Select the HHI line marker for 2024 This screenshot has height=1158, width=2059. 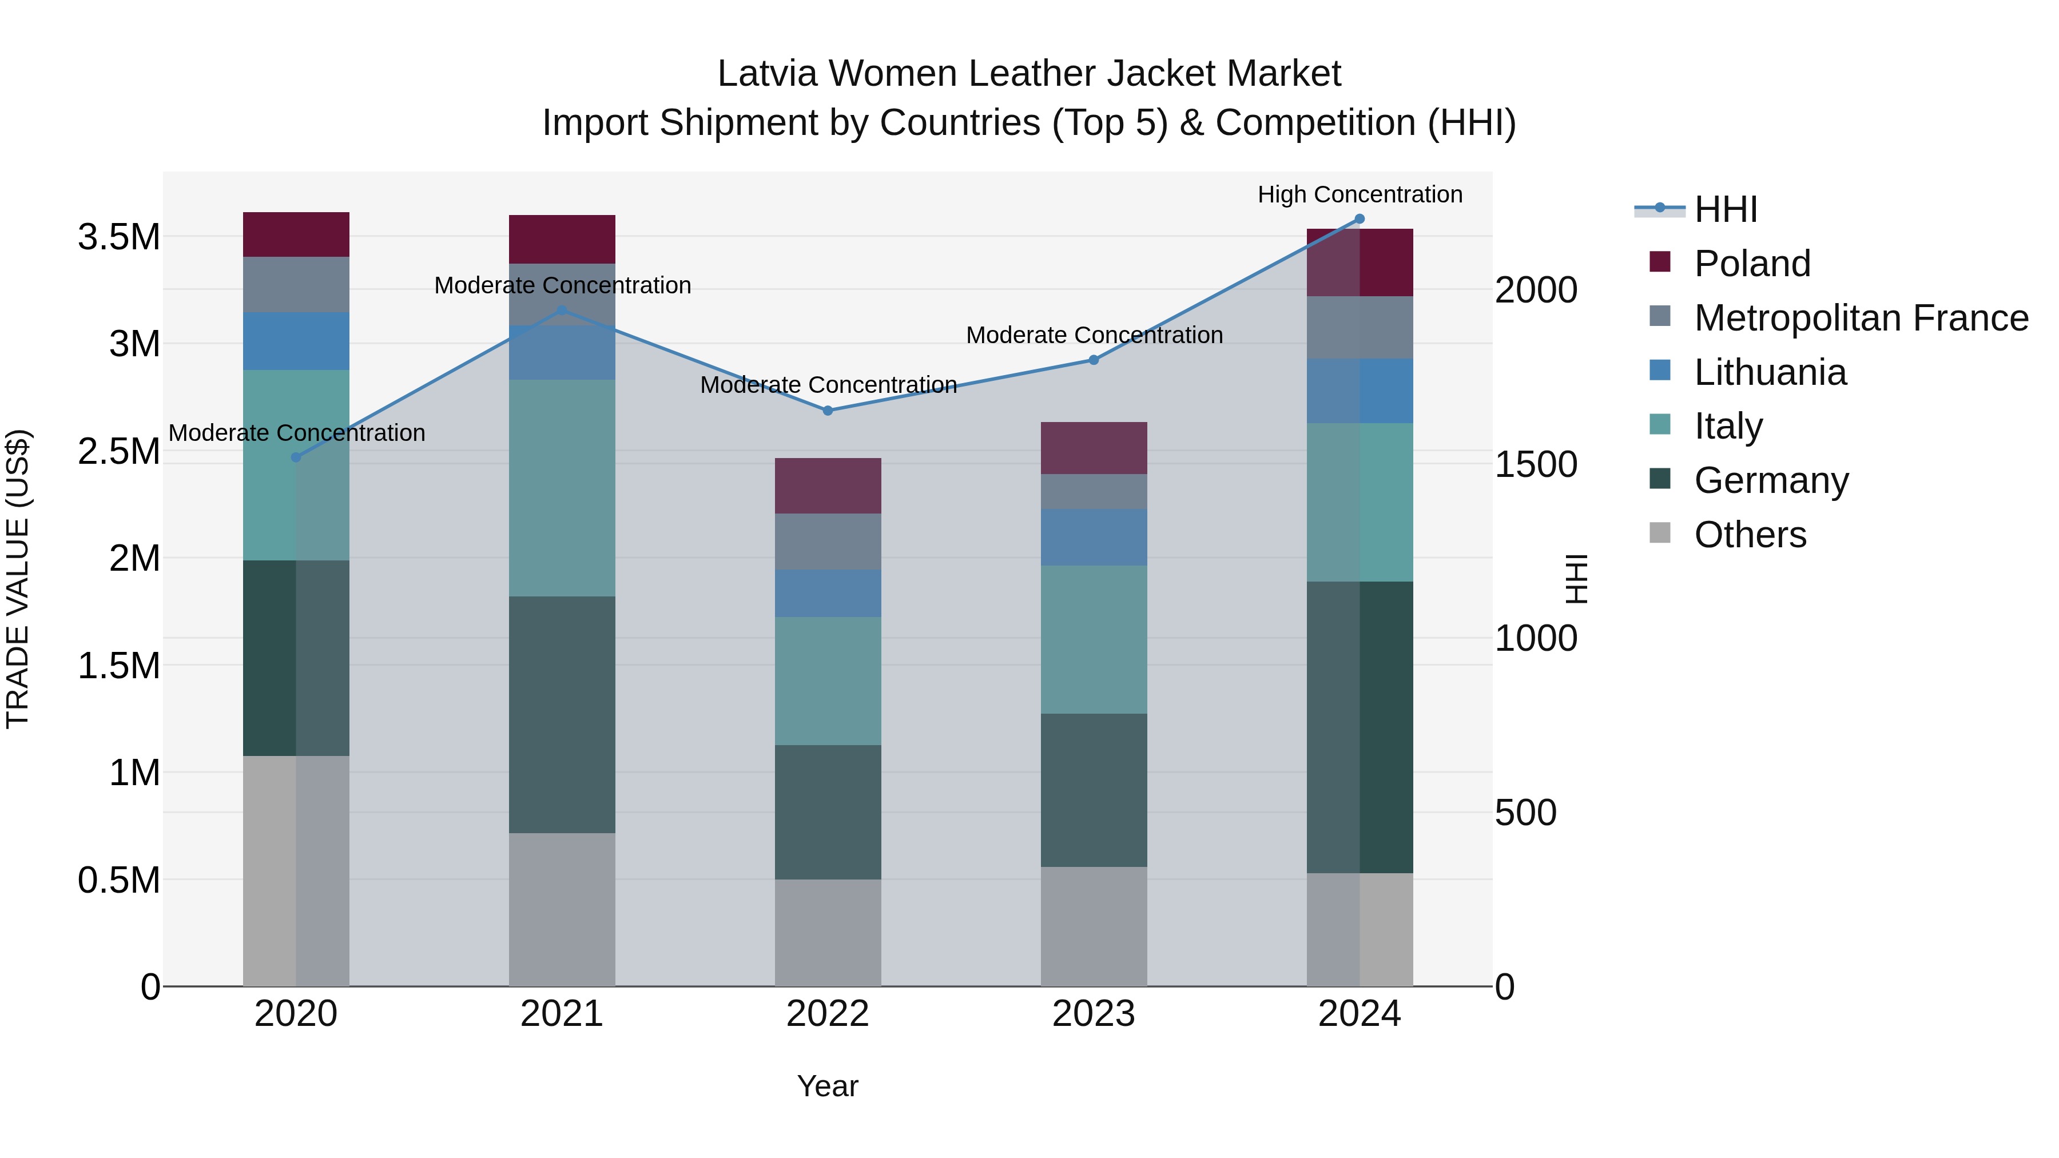pos(1360,219)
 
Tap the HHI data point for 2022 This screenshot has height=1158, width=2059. pos(828,411)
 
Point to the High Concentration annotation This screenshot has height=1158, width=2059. pos(1360,194)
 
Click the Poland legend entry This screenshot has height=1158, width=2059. pos(1751,264)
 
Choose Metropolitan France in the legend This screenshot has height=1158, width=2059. pos(1861,318)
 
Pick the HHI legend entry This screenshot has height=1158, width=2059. pos(1725,209)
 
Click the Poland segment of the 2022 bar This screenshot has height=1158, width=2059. pos(828,486)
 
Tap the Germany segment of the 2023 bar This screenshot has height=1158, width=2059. pos(1094,790)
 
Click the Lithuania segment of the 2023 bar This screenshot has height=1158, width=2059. pos(1094,537)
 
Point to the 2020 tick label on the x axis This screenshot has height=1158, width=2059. pos(296,1014)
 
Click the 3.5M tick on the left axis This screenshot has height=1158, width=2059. pos(119,237)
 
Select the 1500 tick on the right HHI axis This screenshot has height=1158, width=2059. pos(1536,464)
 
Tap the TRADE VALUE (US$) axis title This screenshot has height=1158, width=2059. pos(18,579)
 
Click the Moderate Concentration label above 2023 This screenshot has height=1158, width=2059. pos(1094,335)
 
